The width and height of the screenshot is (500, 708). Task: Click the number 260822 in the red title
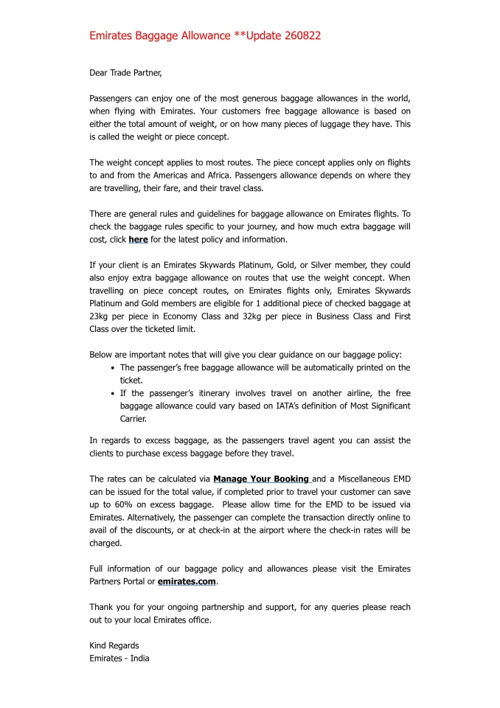point(298,35)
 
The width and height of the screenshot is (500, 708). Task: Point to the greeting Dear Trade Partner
point(125,72)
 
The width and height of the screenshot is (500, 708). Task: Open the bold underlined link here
point(138,240)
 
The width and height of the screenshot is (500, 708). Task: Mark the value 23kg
point(100,316)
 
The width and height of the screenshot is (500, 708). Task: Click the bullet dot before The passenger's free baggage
point(111,367)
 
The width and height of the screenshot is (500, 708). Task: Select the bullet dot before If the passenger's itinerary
point(111,393)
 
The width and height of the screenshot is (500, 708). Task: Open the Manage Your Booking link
point(261,479)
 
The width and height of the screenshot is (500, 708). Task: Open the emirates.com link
point(187,582)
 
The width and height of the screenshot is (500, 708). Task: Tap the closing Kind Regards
point(114,645)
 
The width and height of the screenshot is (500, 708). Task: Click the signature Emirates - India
point(119,658)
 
